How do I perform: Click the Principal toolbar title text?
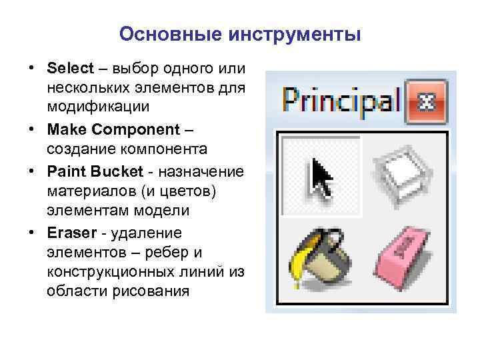[340, 101]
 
